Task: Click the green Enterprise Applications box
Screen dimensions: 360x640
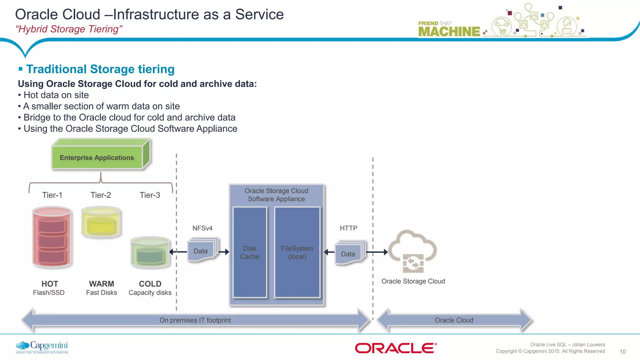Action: click(97, 157)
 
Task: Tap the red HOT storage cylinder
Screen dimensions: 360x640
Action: click(52, 237)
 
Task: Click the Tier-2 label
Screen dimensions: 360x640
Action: click(101, 195)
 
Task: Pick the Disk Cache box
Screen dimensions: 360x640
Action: click(250, 252)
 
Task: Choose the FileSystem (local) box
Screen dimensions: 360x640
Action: click(297, 252)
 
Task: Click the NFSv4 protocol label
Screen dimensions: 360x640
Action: click(202, 228)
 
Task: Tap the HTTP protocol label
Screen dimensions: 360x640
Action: click(348, 228)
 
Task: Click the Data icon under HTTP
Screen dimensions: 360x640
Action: click(348, 253)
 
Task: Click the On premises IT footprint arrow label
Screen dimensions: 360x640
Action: click(195, 320)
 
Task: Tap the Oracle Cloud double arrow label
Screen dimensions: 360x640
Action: click(454, 320)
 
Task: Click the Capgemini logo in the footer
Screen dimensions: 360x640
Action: click(42, 347)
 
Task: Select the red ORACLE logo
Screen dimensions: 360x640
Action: click(396, 348)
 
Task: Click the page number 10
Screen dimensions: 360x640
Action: click(622, 352)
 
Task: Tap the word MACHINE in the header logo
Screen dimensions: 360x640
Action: click(449, 32)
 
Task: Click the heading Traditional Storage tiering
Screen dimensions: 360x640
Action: click(100, 69)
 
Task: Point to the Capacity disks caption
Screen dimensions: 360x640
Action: click(150, 293)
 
